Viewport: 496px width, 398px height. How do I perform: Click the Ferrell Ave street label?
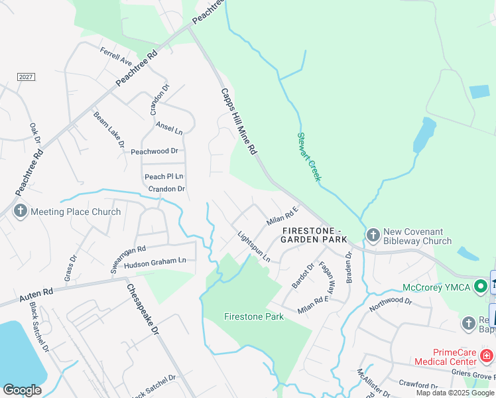[x=116, y=56]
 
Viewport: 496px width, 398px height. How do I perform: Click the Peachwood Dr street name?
[x=155, y=151]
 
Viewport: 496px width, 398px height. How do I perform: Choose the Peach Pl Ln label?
[x=164, y=176]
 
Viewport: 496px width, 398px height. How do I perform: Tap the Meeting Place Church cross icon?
[x=20, y=212]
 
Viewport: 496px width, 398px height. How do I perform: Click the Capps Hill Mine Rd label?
[x=238, y=122]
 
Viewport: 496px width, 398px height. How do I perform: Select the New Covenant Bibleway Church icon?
[x=373, y=235]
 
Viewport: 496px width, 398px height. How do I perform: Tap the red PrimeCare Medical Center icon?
[x=486, y=356]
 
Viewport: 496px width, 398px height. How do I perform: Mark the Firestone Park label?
[x=254, y=316]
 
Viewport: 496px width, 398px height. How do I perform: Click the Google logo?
[x=22, y=389]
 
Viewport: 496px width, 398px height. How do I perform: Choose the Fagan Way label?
[x=326, y=273]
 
